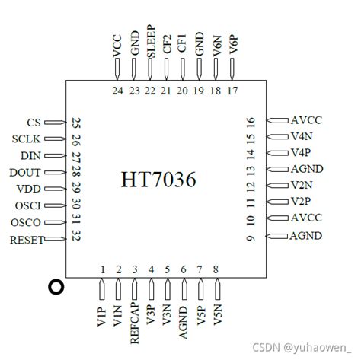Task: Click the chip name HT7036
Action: (158, 180)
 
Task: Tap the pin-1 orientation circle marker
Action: (55, 288)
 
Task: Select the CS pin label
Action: (34, 122)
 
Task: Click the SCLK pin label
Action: (26, 139)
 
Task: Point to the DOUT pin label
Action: (25, 172)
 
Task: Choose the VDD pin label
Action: (27, 189)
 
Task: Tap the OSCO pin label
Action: (27, 222)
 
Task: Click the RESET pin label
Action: (26, 240)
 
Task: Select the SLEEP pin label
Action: (150, 43)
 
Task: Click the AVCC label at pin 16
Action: (306, 120)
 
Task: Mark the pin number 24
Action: (117, 91)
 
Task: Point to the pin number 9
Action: (250, 239)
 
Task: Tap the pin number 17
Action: (232, 91)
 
